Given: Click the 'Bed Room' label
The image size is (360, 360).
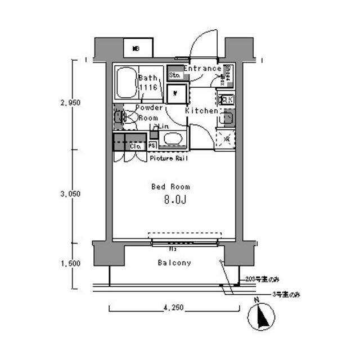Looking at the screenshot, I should (170, 186).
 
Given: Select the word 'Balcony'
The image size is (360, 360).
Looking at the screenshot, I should (174, 263).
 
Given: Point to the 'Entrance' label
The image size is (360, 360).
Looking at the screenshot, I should (202, 69).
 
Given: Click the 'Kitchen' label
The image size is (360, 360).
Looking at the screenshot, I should (201, 111).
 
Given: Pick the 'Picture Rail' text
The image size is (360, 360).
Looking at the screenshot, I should (169, 159).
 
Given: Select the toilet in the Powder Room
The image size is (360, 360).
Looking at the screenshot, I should (128, 118).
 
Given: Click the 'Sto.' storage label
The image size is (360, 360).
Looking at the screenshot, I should (174, 74).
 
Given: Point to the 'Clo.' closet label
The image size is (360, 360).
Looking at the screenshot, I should (136, 146).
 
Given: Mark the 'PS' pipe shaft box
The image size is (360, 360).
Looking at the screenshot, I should (152, 146).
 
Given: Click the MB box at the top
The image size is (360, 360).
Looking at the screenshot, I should (136, 48).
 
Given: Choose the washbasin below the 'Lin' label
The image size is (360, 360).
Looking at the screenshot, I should (172, 139).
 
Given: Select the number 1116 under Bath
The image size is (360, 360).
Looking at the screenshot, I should (147, 88).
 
